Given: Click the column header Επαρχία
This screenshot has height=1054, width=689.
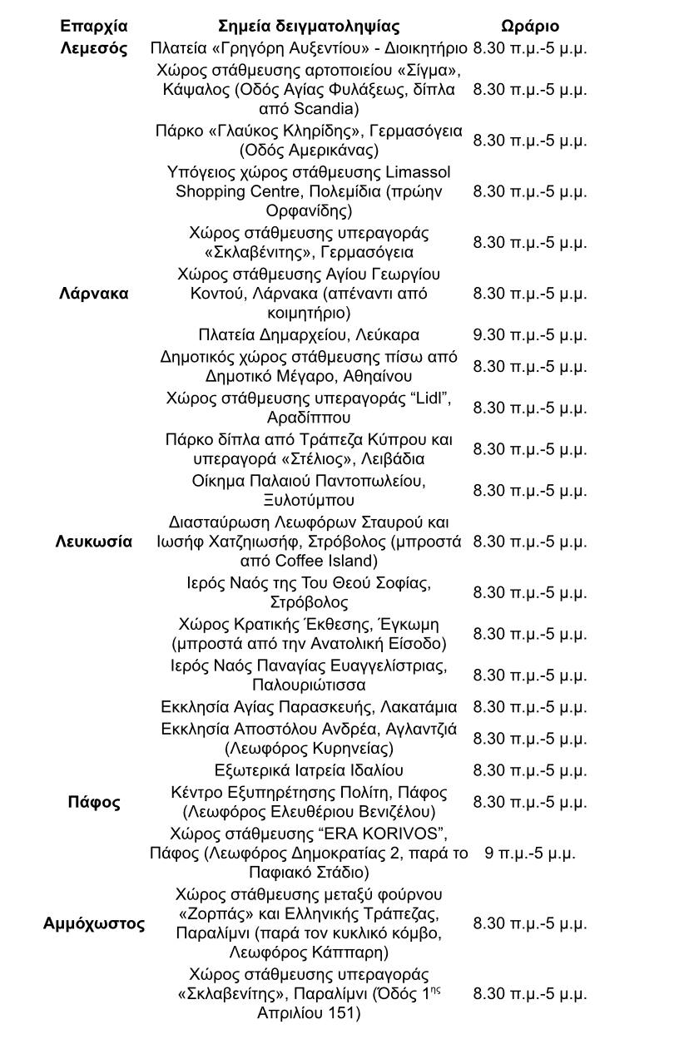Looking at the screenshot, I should point(94,26).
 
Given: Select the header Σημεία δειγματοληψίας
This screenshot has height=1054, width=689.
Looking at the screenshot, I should point(309,26).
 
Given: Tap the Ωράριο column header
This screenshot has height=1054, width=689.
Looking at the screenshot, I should point(530,26).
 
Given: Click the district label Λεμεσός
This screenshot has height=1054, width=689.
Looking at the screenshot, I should point(94,47).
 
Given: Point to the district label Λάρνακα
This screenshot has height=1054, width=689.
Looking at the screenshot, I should point(94,294).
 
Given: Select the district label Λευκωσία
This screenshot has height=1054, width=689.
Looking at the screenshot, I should point(94,542).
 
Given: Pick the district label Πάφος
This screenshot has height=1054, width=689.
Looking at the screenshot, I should point(94,802).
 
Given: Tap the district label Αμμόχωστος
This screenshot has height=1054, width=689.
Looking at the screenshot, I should point(94,923).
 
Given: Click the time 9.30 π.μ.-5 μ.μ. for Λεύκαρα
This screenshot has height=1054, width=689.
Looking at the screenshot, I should point(530,335).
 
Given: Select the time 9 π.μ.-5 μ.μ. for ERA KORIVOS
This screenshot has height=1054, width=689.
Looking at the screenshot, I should point(530,853).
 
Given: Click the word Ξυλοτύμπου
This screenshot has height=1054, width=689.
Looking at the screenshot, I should point(309,500).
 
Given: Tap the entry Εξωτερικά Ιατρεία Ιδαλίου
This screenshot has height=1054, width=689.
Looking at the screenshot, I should point(309,770).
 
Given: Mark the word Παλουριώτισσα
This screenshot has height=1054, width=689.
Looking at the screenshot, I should point(309,685).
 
